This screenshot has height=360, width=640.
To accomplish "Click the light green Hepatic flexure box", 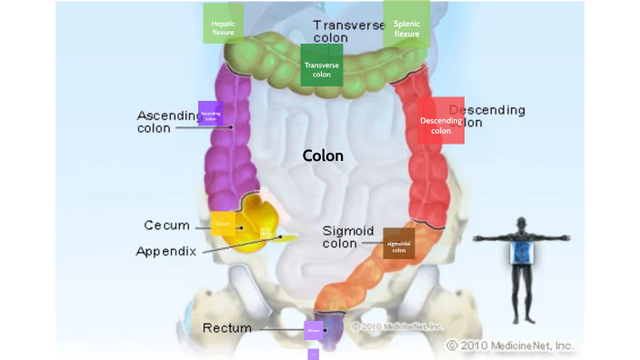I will click(223, 24).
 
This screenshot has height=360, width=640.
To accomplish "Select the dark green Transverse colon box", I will click(322, 65).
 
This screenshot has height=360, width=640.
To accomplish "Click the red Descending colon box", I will click(441, 120).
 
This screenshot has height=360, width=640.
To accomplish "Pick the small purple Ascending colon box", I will click(210, 114).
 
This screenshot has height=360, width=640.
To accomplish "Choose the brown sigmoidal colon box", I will click(399, 244).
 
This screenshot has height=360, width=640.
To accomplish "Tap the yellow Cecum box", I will click(223, 223).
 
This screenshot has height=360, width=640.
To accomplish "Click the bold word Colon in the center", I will click(323, 155).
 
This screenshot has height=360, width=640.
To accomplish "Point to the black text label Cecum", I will click(166, 225).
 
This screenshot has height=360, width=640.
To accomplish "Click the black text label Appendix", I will click(166, 251).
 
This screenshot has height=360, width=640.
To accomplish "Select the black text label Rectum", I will click(226, 327).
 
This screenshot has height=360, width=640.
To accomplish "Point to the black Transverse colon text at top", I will click(348, 31).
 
